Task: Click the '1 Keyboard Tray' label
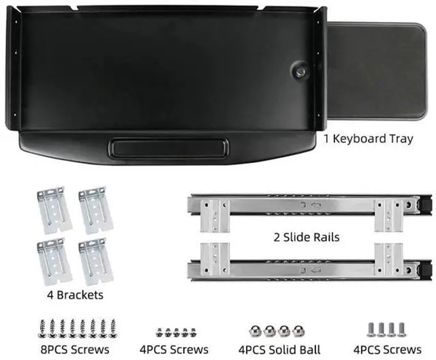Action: pyautogui.click(x=368, y=139)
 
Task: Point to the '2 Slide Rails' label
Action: pyautogui.click(x=306, y=237)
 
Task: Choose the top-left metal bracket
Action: pyautogui.click(x=54, y=211)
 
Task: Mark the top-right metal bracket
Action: pyautogui.click(x=95, y=209)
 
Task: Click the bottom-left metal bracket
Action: pyautogui.click(x=54, y=261)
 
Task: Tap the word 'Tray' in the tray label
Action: pyautogui.click(x=400, y=139)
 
